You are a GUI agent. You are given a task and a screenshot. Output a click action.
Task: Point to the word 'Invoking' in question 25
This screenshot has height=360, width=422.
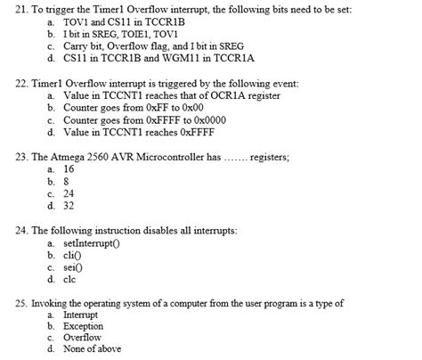[x=52, y=303]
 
